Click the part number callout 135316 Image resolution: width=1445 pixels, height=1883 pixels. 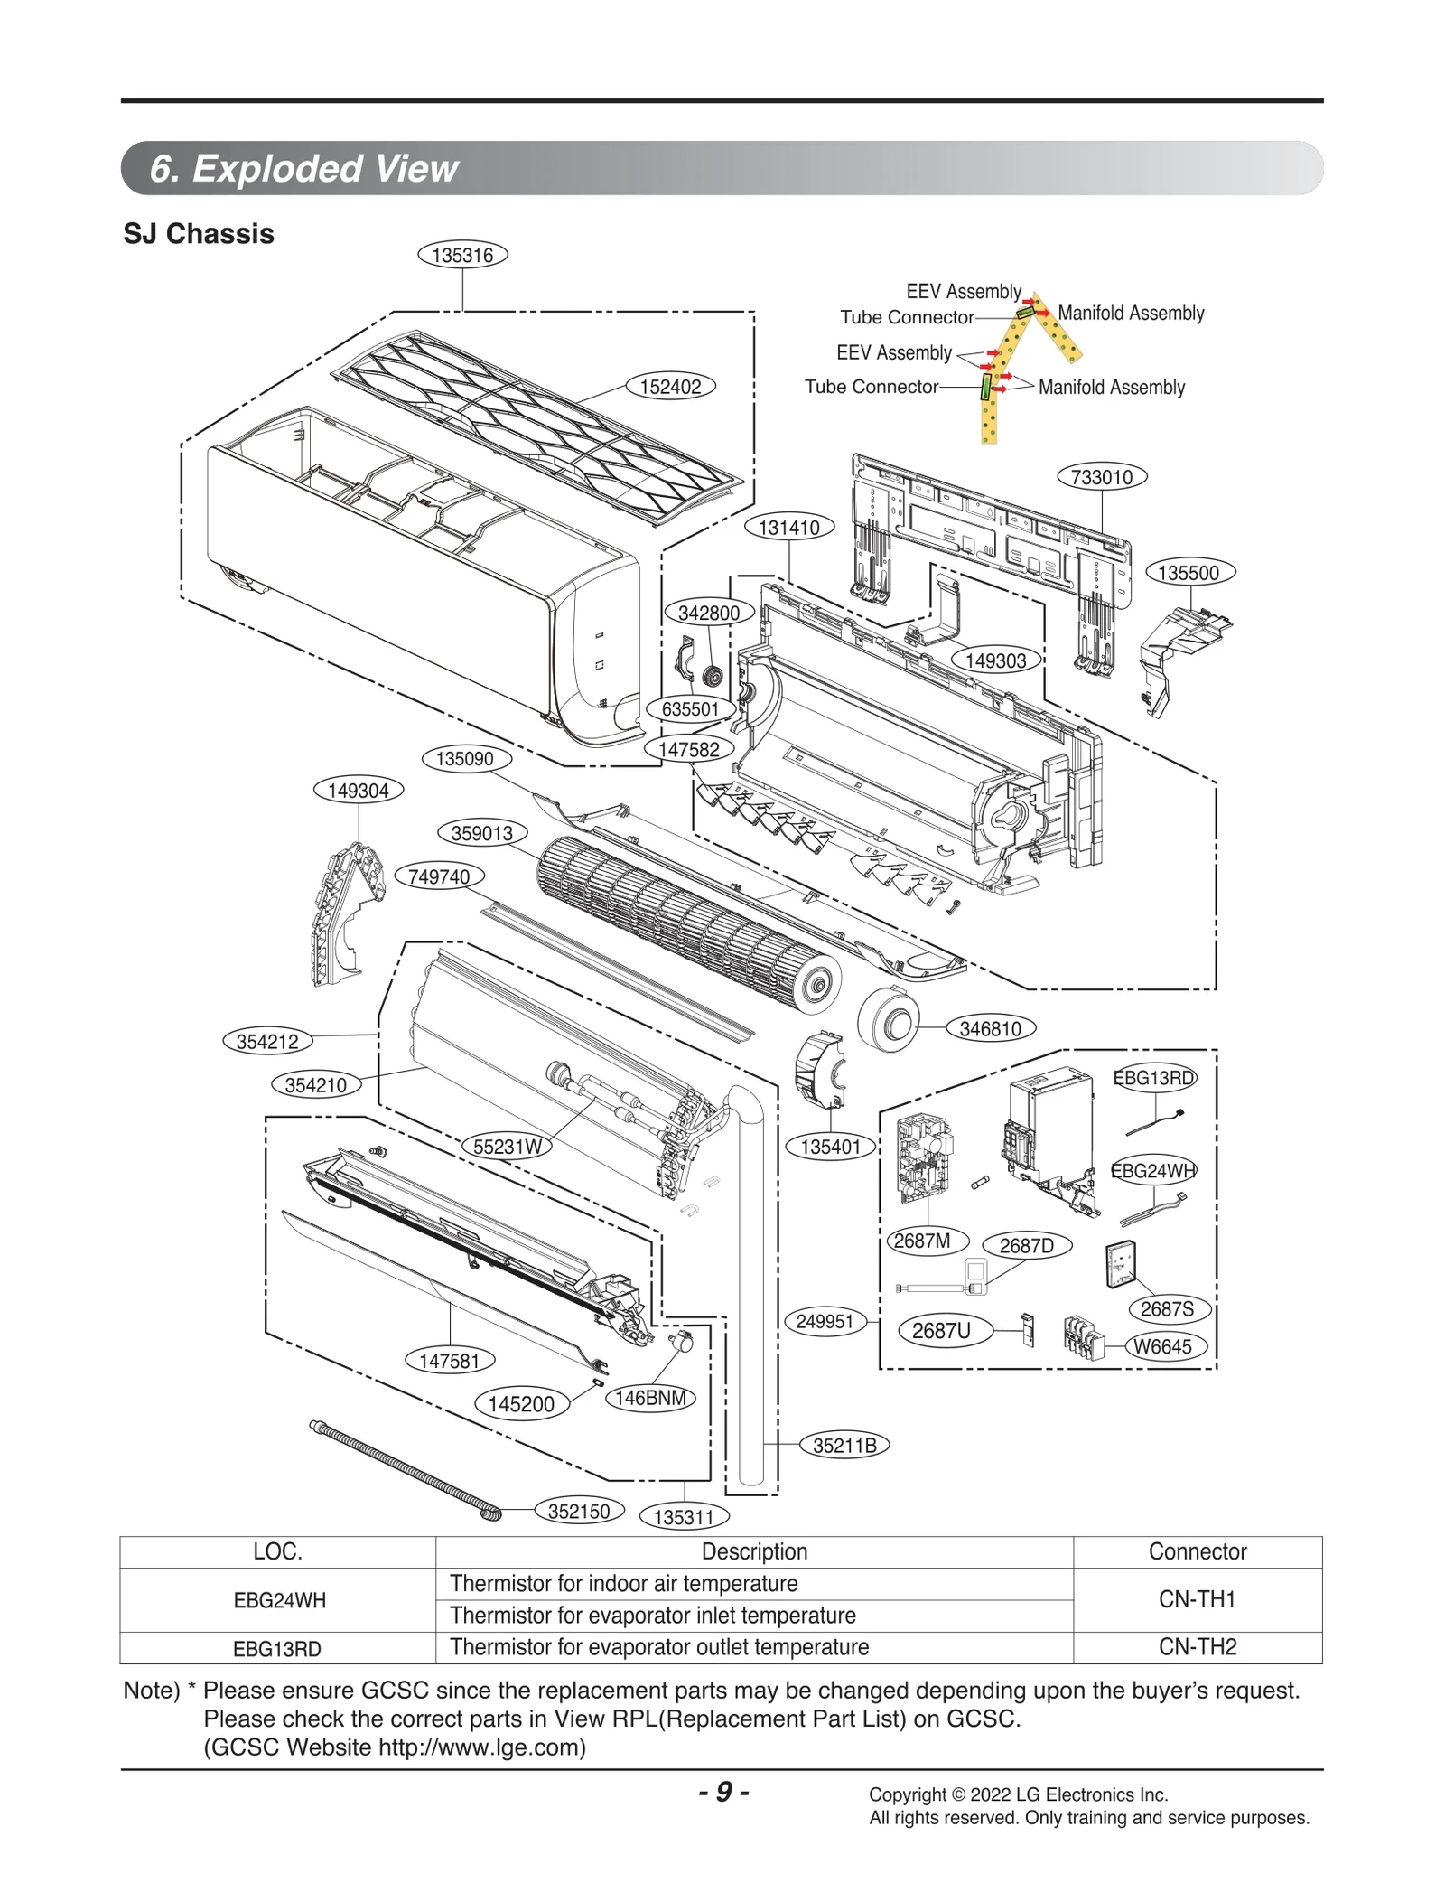[x=462, y=255]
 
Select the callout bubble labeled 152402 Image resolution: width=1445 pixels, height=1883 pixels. [x=670, y=387]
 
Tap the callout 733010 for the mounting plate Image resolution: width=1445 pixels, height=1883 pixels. [x=1101, y=477]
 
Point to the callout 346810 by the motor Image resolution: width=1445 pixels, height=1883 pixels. [x=990, y=1028]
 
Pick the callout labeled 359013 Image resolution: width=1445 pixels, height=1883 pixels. [x=482, y=833]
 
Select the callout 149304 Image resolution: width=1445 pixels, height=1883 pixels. [x=358, y=791]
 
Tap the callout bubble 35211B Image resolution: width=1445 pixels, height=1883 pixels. [x=844, y=1445]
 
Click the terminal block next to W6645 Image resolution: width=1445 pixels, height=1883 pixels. [x=1083, y=1335]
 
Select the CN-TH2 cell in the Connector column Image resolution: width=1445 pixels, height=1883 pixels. [x=1197, y=1646]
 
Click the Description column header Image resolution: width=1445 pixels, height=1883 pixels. [x=754, y=1551]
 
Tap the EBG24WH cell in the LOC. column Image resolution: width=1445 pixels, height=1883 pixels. [x=279, y=1600]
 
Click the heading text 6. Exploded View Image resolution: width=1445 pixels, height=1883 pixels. [x=303, y=169]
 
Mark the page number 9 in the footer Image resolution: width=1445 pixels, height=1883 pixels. [x=723, y=1792]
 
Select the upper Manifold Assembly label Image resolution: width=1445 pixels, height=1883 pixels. [x=1131, y=314]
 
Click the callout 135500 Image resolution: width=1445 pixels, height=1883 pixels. [x=1189, y=573]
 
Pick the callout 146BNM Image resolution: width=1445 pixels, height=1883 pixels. [x=650, y=1398]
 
